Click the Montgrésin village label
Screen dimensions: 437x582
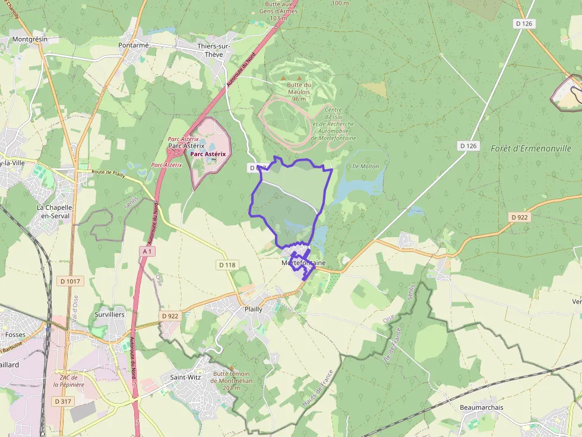coord(30,39)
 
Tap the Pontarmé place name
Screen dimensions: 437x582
coord(133,45)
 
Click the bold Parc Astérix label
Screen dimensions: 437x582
coord(208,154)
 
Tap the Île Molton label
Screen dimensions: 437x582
coord(365,167)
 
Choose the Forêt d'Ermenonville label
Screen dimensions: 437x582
coord(531,148)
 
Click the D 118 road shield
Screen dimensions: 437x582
coord(227,265)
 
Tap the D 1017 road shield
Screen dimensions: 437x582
coord(69,281)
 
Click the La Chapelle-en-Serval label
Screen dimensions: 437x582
coord(53,212)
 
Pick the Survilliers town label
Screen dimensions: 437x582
coord(110,314)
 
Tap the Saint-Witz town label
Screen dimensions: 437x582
coord(185,377)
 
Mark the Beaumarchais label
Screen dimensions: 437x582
coord(482,407)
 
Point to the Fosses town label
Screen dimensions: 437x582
coord(15,334)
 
